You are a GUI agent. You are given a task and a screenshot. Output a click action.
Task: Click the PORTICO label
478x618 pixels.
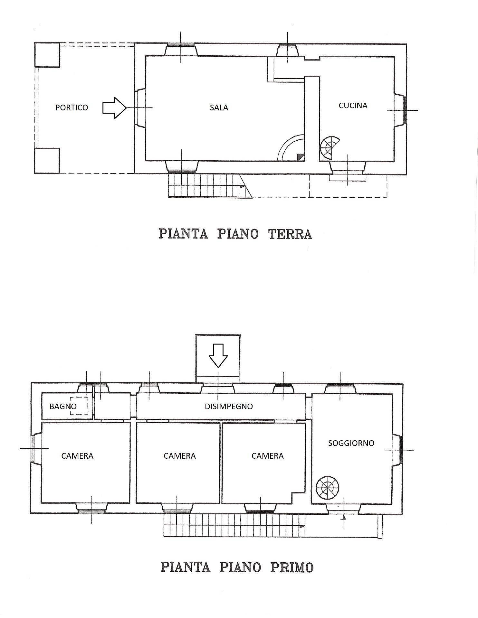tap(72, 108)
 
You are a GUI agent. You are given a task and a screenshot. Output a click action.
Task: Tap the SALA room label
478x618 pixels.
tap(219, 108)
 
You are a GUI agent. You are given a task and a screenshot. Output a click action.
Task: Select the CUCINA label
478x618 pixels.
tap(353, 106)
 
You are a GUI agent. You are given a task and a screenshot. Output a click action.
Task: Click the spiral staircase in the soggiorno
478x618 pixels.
tap(327, 488)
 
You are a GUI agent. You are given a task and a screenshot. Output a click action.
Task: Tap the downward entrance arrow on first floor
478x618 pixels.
tap(218, 355)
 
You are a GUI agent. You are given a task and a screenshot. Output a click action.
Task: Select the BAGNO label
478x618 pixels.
tap(63, 406)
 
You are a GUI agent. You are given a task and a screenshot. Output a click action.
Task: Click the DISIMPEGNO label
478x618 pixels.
tap(229, 406)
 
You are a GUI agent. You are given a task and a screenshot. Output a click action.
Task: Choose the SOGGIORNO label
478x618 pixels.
tap(351, 443)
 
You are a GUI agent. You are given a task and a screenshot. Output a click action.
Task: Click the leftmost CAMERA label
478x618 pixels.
tap(77, 456)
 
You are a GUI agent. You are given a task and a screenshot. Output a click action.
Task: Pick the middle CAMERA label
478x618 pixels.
tap(179, 456)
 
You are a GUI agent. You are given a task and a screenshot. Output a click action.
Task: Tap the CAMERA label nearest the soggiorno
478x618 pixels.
tap(267, 456)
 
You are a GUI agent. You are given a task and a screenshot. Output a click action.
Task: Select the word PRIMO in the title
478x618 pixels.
tap(292, 567)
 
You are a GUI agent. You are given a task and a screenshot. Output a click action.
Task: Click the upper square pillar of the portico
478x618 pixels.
tap(47, 55)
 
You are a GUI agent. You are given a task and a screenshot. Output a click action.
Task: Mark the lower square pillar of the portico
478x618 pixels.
tap(47, 161)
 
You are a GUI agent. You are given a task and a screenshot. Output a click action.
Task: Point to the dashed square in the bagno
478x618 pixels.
tap(79, 406)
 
